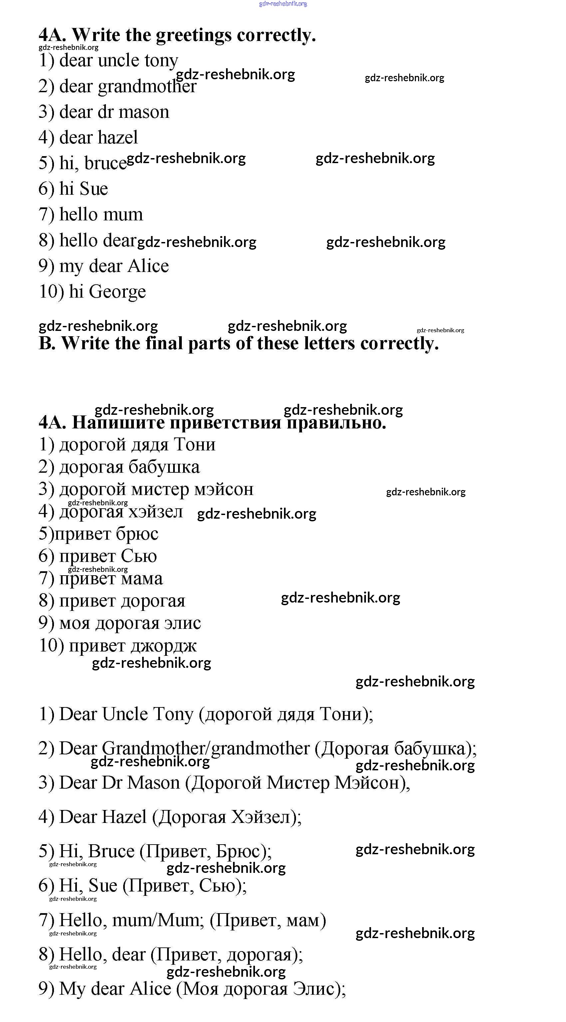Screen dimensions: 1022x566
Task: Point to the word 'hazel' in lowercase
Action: coord(118,138)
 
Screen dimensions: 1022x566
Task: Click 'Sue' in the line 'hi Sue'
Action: coord(94,189)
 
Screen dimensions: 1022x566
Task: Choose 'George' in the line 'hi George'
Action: coord(117,292)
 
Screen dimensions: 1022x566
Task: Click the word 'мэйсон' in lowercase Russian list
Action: coord(223,489)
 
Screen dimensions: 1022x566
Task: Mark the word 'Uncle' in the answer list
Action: coord(125,714)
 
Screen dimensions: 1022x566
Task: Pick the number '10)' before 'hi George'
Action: coord(51,292)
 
